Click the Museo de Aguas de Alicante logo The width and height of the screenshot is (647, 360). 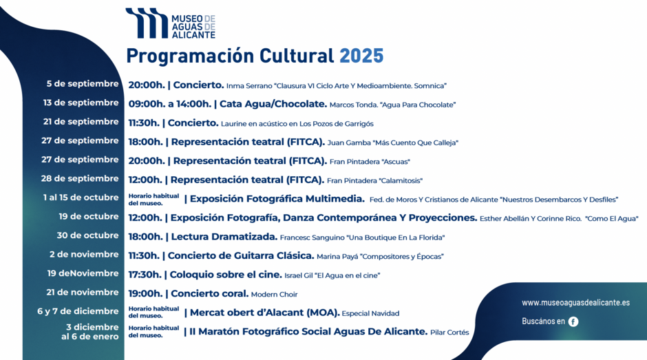(171, 23)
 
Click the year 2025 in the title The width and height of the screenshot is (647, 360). (361, 56)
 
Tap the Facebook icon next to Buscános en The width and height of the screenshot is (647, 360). (573, 321)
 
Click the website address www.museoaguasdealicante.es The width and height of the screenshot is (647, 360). (575, 303)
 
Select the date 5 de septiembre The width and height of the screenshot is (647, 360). (83, 84)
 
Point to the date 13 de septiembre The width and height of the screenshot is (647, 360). (81, 103)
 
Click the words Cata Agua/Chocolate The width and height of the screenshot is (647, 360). (273, 104)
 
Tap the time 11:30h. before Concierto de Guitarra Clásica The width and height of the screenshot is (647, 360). (144, 256)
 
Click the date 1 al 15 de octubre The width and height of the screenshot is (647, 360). (81, 198)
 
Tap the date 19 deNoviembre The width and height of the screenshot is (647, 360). (83, 273)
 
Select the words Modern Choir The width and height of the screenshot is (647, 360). (275, 295)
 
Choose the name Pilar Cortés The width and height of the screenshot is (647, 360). (449, 332)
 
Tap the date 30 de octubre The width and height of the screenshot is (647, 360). (88, 235)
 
